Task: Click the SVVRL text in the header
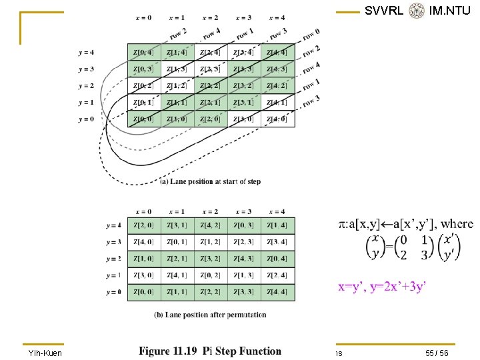(x=384, y=11)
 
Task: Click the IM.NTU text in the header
(x=450, y=11)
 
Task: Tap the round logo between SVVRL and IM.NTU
(x=417, y=11)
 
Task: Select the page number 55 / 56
(x=435, y=351)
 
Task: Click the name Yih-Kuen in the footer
(x=44, y=351)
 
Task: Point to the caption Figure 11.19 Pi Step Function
(x=210, y=351)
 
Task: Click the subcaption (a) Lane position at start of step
(x=210, y=181)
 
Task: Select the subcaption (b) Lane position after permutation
(x=210, y=315)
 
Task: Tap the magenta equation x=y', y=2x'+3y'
(x=383, y=287)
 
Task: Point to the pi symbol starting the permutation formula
(x=342, y=225)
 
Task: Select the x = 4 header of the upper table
(x=277, y=18)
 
